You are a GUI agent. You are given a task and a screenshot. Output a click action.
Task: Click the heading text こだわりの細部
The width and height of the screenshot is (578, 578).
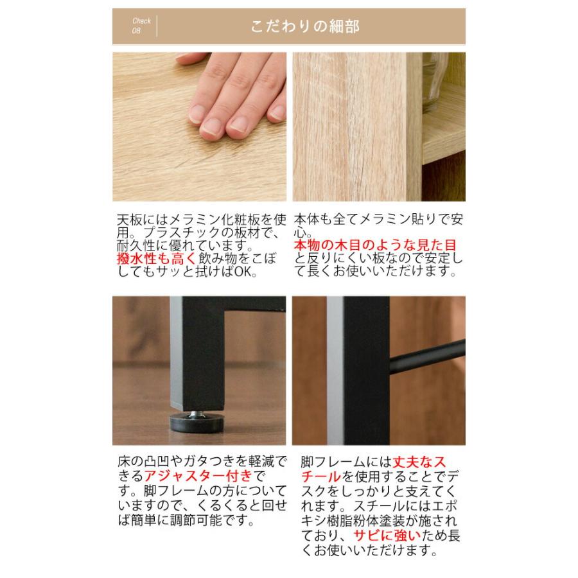tap(305, 26)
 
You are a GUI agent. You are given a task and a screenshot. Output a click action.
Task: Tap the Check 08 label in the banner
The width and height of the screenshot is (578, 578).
tap(141, 26)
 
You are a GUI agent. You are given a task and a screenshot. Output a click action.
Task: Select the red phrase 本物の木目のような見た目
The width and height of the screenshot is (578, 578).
tap(375, 245)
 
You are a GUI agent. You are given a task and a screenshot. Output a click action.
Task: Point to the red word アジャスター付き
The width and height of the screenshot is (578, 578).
tap(200, 477)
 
